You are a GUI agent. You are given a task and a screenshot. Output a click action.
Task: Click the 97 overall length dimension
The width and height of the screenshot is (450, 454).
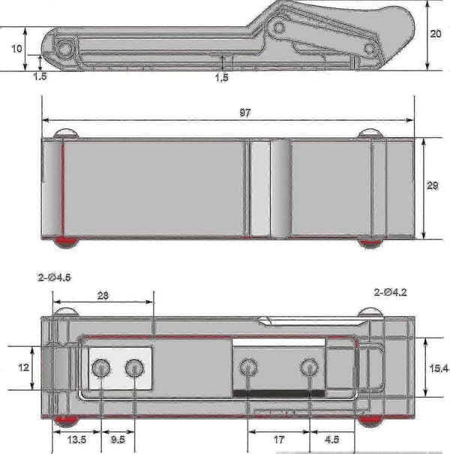tap(244, 113)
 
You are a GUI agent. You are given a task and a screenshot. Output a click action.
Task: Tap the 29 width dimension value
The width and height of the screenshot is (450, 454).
tap(432, 185)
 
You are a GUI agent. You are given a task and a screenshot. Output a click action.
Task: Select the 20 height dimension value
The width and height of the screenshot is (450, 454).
tap(436, 34)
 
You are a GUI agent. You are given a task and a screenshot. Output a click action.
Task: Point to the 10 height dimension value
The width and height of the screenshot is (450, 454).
tap(16, 48)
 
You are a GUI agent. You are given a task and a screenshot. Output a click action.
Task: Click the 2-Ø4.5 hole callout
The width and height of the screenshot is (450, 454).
tap(54, 278)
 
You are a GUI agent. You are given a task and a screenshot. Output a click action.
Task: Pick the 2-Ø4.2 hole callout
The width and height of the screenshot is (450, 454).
tap(391, 293)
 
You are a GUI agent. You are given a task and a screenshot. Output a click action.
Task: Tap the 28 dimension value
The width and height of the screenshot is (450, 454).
tap(103, 296)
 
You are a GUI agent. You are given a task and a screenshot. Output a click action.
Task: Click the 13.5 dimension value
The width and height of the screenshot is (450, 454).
tap(76, 440)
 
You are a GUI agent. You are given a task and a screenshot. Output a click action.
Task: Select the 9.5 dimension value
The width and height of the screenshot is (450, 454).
tap(118, 440)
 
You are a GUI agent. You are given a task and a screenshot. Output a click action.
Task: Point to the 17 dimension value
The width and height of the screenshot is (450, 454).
tap(279, 440)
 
